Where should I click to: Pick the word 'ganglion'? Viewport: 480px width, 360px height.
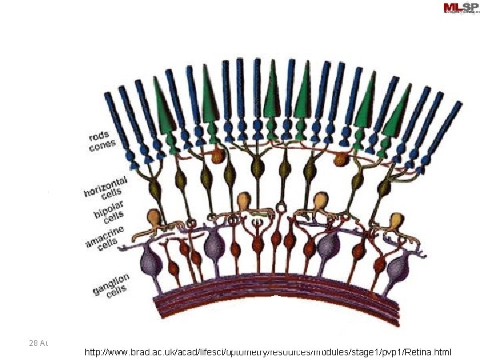pyautogui.click(x=112, y=279)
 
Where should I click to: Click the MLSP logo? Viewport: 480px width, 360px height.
pyautogui.click(x=459, y=8)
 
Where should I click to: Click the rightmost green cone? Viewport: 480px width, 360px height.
pyautogui.click(x=400, y=110)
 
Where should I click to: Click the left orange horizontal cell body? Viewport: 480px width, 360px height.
pyautogui.click(x=217, y=157)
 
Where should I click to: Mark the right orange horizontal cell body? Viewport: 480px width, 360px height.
pyautogui.click(x=341, y=159)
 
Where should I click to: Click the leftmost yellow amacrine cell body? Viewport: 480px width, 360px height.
pyautogui.click(x=155, y=217)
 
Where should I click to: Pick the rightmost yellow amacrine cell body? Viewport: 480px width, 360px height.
pyautogui.click(x=395, y=221)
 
